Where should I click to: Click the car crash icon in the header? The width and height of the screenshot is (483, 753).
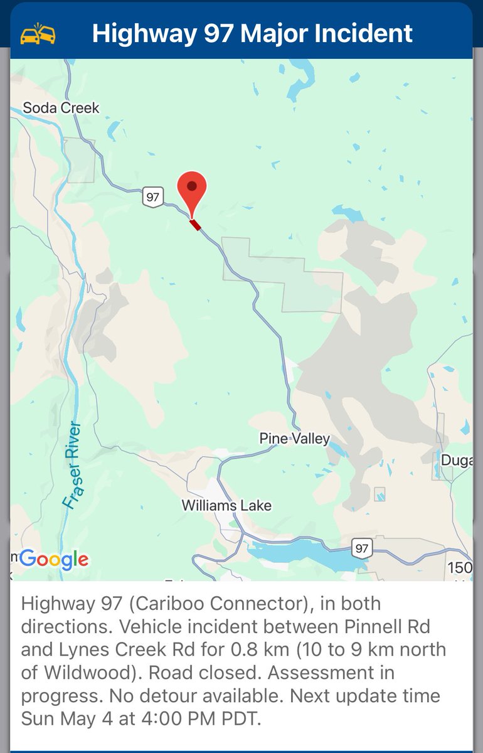[38, 33]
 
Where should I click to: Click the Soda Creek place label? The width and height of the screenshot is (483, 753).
[61, 108]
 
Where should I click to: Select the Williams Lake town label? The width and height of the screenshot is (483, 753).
[226, 505]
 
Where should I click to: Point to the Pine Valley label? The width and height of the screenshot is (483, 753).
[294, 439]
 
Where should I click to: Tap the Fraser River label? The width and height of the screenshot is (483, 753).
[73, 464]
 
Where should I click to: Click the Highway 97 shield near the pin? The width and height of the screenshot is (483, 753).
[152, 196]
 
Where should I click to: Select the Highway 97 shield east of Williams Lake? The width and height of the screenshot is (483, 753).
[361, 548]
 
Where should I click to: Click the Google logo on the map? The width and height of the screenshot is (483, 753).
[54, 558]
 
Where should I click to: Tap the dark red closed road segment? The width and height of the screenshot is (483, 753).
[196, 225]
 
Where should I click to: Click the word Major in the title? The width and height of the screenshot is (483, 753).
[242, 33]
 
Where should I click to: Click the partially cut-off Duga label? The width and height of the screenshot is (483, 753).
[456, 460]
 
